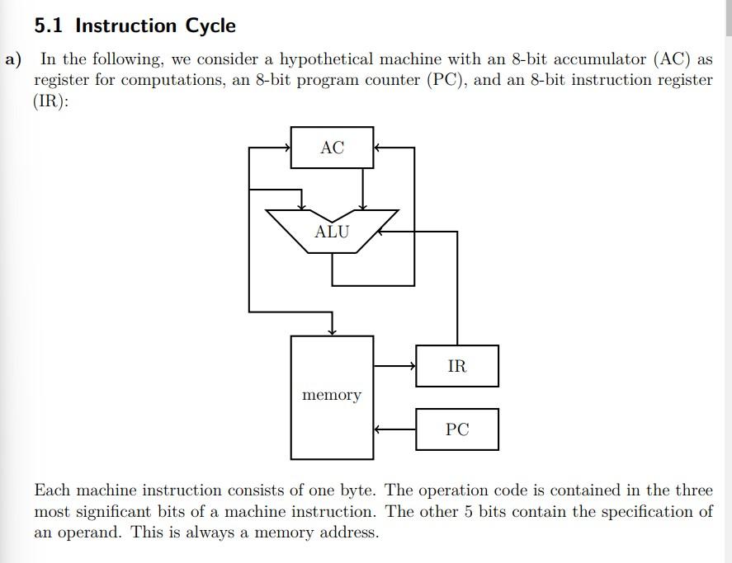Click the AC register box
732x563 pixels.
[x=332, y=148]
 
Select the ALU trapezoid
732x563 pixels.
[x=332, y=231]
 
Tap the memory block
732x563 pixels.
[x=332, y=396]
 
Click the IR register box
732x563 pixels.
[x=456, y=366]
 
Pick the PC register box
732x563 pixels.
[x=456, y=429]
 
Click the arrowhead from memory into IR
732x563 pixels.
[x=412, y=366]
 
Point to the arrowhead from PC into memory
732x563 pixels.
[x=378, y=429]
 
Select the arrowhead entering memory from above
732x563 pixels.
[x=332, y=331]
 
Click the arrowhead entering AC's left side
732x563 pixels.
[x=286, y=148]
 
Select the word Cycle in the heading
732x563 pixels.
[x=210, y=26]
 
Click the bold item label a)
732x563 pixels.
[x=14, y=59]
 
